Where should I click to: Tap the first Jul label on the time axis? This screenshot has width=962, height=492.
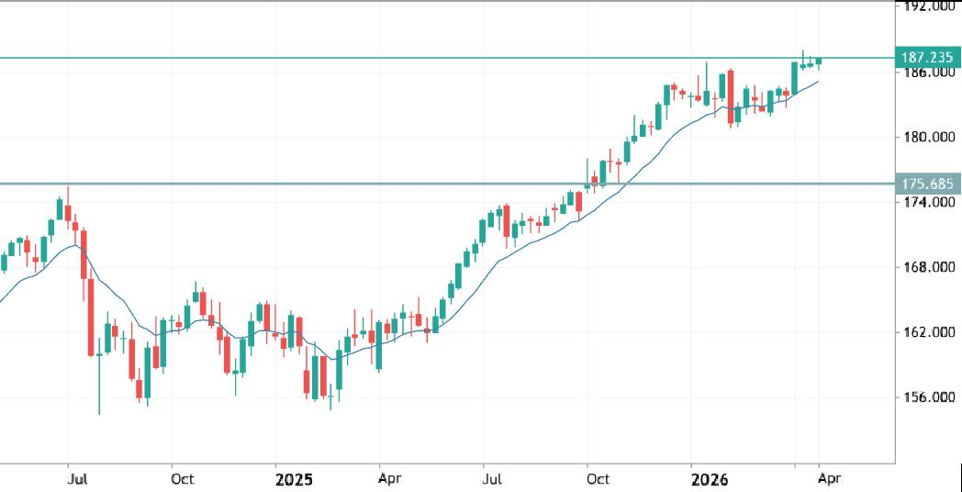(x=78, y=479)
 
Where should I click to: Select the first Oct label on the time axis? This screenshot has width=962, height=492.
(x=182, y=479)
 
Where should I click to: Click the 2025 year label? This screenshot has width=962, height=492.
(x=295, y=479)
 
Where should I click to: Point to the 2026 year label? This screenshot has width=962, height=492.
(x=710, y=479)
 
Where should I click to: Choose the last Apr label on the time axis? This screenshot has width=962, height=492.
(x=829, y=479)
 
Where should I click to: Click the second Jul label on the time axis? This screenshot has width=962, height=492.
(x=493, y=479)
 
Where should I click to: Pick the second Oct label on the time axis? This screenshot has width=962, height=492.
(x=598, y=479)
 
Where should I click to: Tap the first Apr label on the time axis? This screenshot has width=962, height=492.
(x=389, y=479)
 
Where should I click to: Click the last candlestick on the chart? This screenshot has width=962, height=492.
(x=819, y=61)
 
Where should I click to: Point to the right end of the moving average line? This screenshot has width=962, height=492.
(x=818, y=82)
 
